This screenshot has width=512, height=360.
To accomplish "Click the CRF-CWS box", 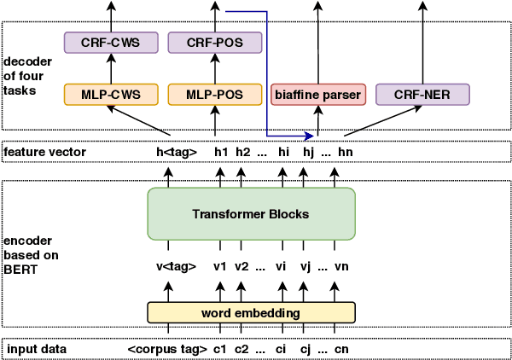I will pyautogui.click(x=111, y=41).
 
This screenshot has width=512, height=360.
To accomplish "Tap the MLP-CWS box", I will pyautogui.click(x=111, y=93).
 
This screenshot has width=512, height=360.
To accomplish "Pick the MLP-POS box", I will pyautogui.click(x=213, y=93).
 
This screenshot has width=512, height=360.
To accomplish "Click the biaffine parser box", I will pyautogui.click(x=317, y=93).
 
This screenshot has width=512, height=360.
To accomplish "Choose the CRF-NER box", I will pyautogui.click(x=422, y=93).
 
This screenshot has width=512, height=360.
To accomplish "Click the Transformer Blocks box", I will pyautogui.click(x=251, y=213).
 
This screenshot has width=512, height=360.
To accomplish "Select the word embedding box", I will pyautogui.click(x=251, y=313).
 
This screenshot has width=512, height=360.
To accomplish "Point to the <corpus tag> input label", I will pyautogui.click(x=167, y=349).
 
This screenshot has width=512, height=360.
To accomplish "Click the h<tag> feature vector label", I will pyautogui.click(x=177, y=152).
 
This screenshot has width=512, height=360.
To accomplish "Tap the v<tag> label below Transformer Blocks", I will pyautogui.click(x=176, y=266).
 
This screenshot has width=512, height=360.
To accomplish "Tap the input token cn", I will pyautogui.click(x=341, y=349).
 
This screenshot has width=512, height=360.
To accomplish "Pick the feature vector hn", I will pyautogui.click(x=344, y=152).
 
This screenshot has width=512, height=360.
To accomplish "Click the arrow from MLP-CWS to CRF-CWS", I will pyautogui.click(x=111, y=67).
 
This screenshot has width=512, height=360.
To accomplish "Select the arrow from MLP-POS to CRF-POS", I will pyautogui.click(x=213, y=67).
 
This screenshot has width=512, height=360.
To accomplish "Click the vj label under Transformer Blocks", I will pyautogui.click(x=304, y=266).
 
